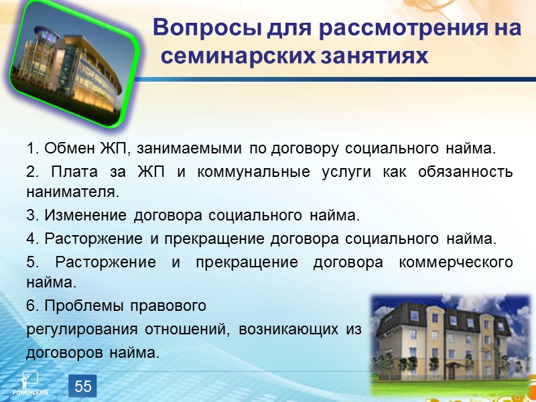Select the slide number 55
(83, 386)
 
